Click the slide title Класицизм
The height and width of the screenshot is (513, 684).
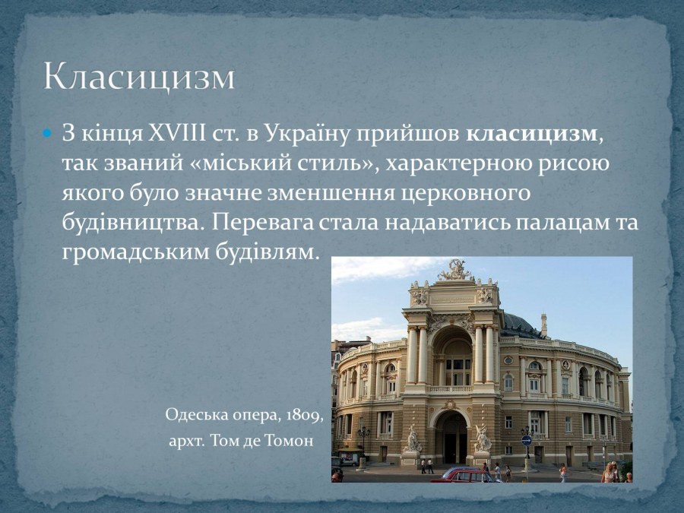coord(139,77)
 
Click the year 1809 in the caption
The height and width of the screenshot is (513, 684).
coord(306,416)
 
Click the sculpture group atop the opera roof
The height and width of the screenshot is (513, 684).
coord(454,270)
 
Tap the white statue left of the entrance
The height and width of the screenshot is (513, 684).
coord(413,439)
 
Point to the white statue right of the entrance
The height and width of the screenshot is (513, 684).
coord(481,439)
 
